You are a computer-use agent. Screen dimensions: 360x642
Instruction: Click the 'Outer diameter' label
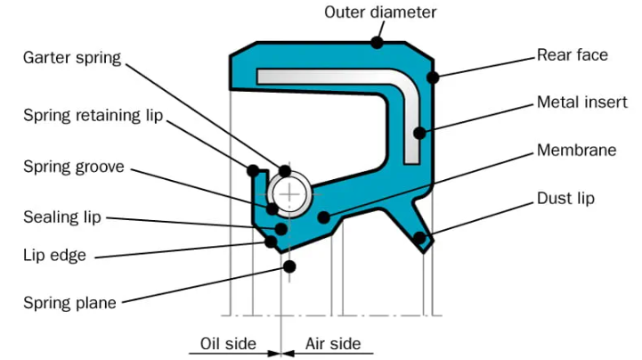pos(380,12)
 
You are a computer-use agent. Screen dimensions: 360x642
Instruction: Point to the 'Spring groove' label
pos(73,166)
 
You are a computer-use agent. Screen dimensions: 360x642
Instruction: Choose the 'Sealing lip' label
pos(62,217)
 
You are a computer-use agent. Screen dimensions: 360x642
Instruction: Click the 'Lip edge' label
pos(54,256)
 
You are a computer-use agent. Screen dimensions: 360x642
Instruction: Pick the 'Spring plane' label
pos(69,302)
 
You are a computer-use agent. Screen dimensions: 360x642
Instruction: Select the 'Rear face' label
pos(572,55)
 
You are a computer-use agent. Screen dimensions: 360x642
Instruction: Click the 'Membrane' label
pos(576,150)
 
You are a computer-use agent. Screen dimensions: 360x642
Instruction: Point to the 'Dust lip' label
pos(565,198)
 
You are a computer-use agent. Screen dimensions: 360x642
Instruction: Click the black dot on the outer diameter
pos(378,41)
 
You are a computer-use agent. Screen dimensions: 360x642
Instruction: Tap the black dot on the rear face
pos(433,78)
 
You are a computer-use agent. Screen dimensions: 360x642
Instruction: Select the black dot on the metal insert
pos(419,135)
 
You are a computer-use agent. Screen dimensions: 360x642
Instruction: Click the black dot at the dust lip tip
pos(419,237)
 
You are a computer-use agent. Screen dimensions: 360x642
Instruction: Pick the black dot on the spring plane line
pos(288,266)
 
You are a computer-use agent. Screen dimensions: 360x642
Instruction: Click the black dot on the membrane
pos(324,216)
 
